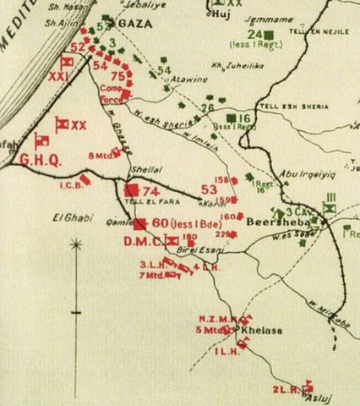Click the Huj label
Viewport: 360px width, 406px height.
(x=222, y=14)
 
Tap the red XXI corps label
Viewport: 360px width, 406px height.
(x=57, y=76)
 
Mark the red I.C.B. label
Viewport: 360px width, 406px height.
(x=71, y=184)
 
